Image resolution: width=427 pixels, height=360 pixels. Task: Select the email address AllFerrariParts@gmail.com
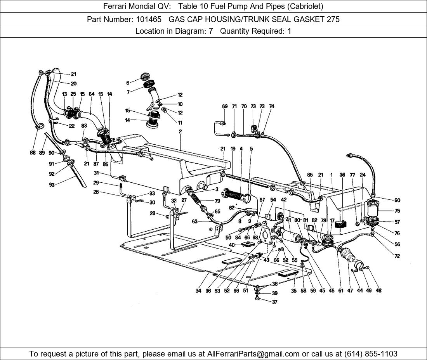click(253, 353)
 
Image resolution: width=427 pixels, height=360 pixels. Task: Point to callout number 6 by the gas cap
click(128, 83)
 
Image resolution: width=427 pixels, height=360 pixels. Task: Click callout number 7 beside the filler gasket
click(128, 92)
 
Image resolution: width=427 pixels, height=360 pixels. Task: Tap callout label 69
click(225, 106)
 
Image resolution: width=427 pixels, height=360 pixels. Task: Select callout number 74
click(272, 106)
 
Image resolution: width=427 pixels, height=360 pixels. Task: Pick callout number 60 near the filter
click(397, 201)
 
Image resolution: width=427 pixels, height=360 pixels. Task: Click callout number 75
click(397, 211)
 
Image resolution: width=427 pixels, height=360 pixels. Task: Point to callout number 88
click(33, 153)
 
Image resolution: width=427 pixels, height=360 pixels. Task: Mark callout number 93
click(52, 185)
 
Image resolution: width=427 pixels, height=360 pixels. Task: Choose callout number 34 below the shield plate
click(198, 291)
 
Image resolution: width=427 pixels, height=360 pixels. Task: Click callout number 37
click(275, 302)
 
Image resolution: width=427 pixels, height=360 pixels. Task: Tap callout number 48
click(378, 291)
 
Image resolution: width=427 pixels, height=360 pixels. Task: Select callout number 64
click(92, 94)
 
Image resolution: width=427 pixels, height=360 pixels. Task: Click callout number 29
click(96, 182)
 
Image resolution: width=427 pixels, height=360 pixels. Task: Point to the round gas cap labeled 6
click(146, 76)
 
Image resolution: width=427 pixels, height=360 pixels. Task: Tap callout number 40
click(232, 245)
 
